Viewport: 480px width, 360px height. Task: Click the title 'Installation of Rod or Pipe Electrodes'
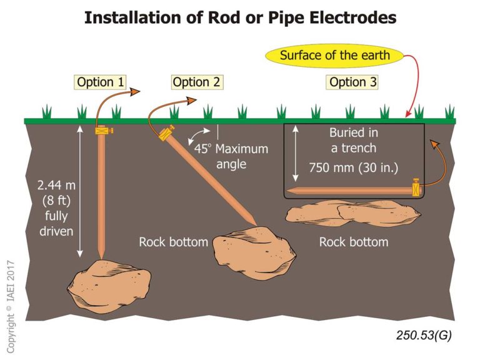click(x=240, y=17)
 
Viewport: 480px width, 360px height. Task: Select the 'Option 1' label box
click(x=100, y=82)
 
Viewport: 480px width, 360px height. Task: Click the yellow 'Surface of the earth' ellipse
click(x=334, y=55)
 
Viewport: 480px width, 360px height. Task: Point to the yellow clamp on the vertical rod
click(x=101, y=131)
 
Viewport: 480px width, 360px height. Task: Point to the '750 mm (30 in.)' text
click(x=354, y=167)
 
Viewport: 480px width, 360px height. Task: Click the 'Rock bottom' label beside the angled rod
click(x=173, y=242)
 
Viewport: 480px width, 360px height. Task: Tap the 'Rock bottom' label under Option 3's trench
click(x=354, y=242)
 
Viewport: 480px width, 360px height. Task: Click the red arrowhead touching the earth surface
click(x=408, y=114)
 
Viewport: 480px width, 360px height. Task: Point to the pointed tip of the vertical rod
click(x=101, y=256)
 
